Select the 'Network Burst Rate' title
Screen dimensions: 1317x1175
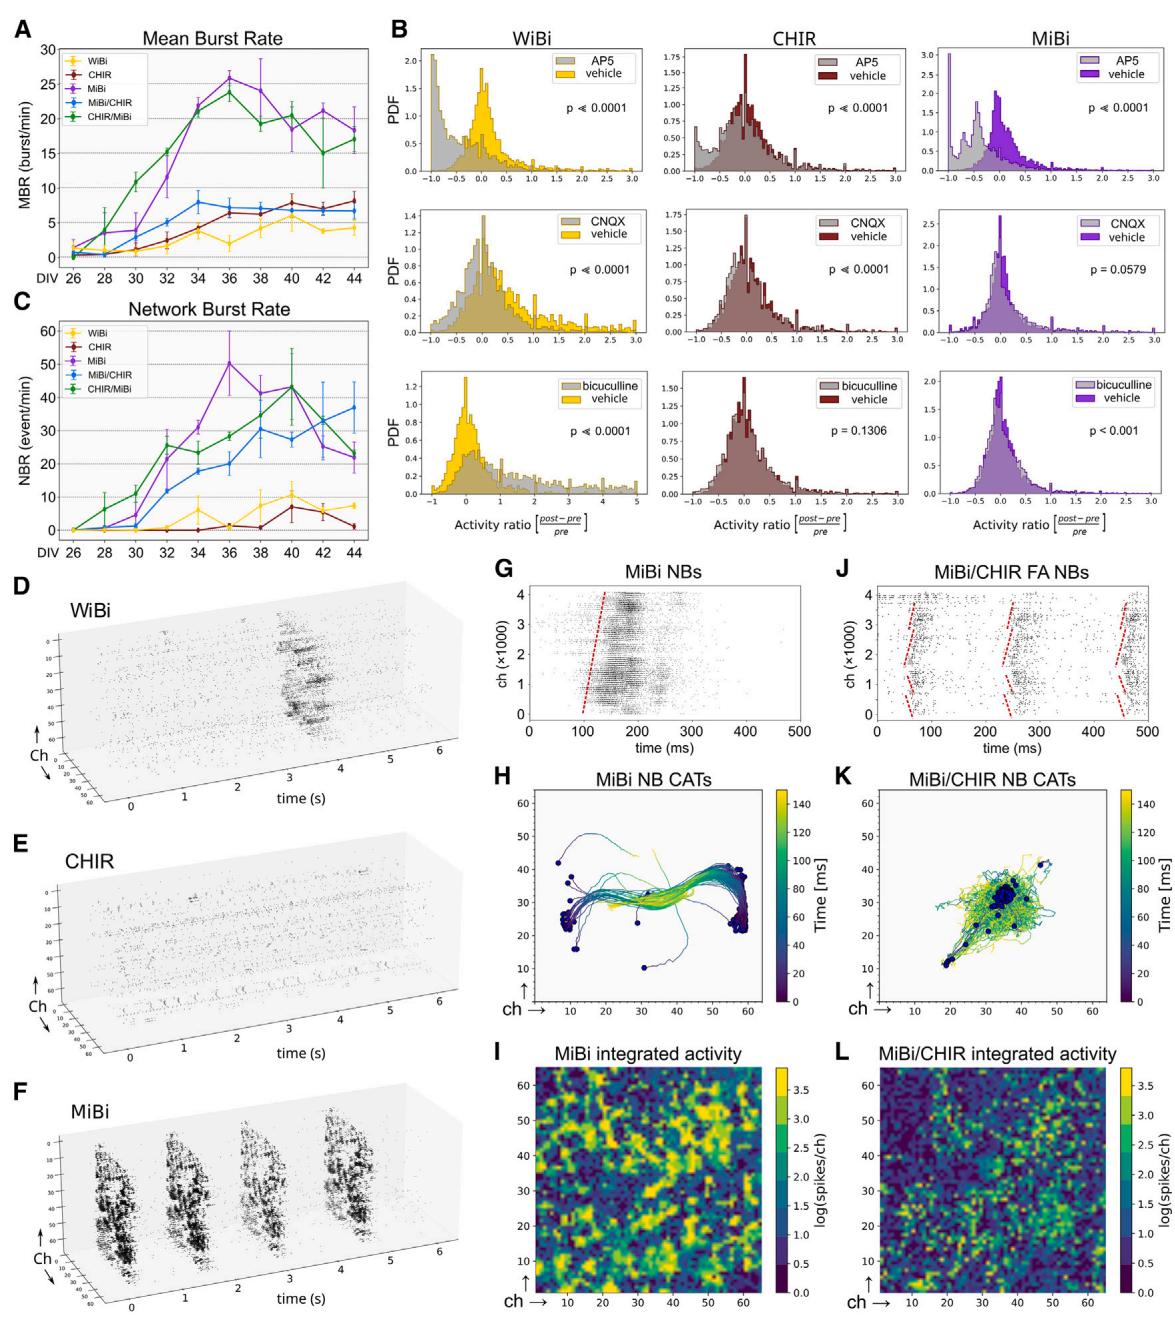tap(212, 309)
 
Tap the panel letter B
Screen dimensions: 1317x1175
tap(398, 30)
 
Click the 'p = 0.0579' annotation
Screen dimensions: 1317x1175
tap(1117, 270)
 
